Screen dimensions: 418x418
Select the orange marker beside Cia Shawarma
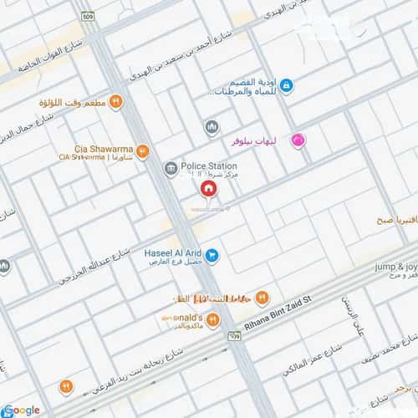[x=142, y=151]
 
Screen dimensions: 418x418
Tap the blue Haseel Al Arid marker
[x=212, y=254]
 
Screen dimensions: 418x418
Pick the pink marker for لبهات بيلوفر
[x=296, y=142]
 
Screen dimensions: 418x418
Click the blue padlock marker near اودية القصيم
[x=286, y=85]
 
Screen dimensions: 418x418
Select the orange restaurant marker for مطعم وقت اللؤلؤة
[x=116, y=102]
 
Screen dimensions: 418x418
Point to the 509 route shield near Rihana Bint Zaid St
[x=234, y=335]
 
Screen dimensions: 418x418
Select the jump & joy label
[x=395, y=266]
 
